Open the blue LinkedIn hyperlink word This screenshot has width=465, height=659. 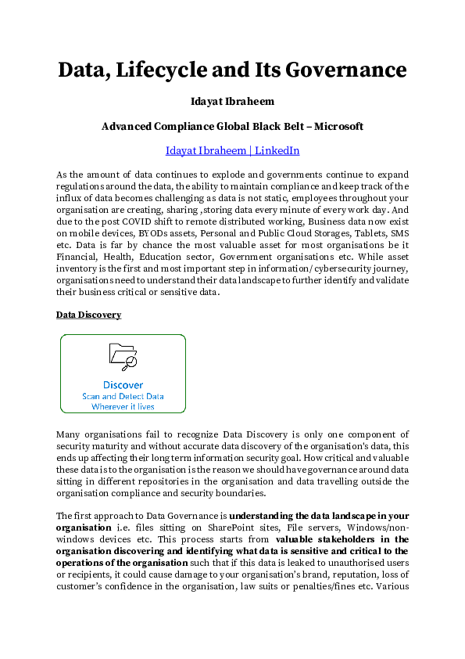(277, 150)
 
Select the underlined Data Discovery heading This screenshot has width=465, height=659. (88, 315)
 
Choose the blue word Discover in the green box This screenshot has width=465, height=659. (123, 384)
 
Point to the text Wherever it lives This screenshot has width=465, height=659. (123, 406)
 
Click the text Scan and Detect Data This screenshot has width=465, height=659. (123, 396)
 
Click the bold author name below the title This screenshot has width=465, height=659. (232, 102)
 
